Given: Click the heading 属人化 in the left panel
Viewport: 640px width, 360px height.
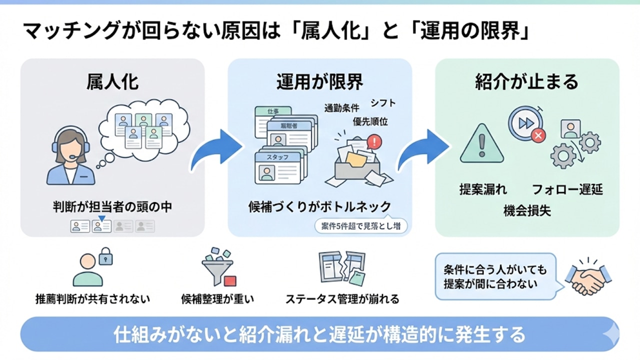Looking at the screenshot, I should click(x=112, y=81).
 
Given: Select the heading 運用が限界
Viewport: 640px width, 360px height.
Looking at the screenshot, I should click(x=320, y=81).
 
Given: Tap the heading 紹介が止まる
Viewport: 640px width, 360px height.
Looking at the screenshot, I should click(x=526, y=81).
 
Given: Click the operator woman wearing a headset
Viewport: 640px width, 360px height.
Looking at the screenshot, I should click(x=70, y=155).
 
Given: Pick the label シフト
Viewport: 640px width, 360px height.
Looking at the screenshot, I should click(x=383, y=103).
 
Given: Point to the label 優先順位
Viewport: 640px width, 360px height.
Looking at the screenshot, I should click(x=370, y=121).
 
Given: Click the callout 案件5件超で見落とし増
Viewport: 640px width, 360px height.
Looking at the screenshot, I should click(x=360, y=225).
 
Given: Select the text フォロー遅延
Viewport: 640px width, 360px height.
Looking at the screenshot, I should click(x=567, y=189).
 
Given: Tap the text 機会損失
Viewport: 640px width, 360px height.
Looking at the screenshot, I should click(x=527, y=211).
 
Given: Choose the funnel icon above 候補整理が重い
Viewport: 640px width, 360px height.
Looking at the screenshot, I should click(x=217, y=265).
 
